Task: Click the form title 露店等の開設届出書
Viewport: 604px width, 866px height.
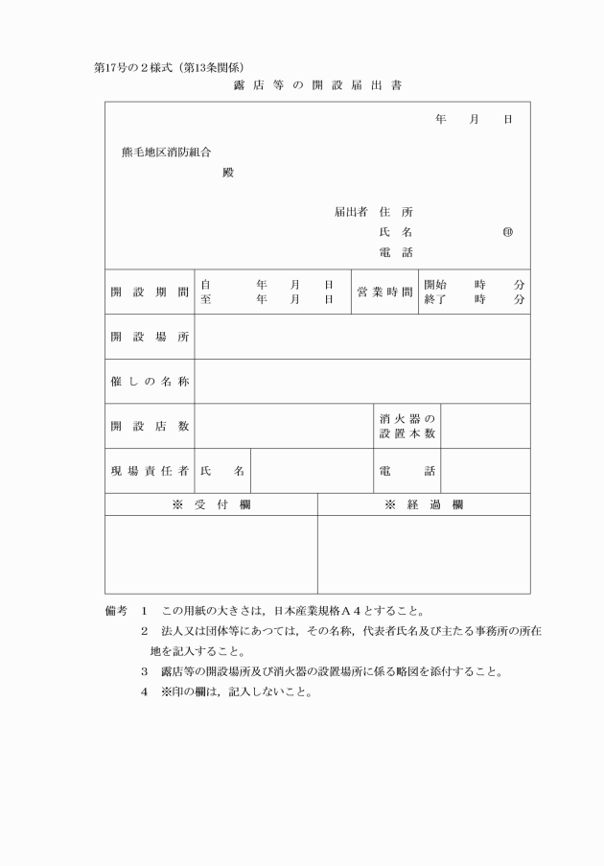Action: click(x=316, y=86)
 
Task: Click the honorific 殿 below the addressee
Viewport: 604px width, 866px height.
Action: click(x=227, y=174)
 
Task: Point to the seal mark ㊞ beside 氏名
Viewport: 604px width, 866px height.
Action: click(x=507, y=232)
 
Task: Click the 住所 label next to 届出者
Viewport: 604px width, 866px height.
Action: click(x=396, y=212)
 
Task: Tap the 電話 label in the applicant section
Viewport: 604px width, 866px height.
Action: click(x=396, y=252)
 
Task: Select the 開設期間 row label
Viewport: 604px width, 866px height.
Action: click(x=149, y=292)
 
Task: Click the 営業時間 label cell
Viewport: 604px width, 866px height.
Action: click(x=384, y=292)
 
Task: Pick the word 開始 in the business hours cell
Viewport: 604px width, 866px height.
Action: click(x=435, y=285)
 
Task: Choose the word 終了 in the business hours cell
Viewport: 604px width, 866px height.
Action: click(x=435, y=299)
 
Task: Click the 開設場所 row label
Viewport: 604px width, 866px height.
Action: click(x=149, y=337)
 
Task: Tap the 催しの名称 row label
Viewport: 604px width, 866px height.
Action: click(x=149, y=382)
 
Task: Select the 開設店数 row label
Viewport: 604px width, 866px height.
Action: click(x=149, y=426)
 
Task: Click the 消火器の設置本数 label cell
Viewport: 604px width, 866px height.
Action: click(x=407, y=426)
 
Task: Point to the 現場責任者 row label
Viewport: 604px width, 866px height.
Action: click(x=149, y=471)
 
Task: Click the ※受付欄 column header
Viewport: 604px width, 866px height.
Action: click(x=211, y=504)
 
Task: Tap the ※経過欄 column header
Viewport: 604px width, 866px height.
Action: click(x=424, y=504)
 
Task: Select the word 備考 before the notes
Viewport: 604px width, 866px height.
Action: click(x=115, y=610)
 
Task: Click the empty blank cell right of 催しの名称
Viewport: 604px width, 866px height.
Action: click(x=362, y=382)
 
